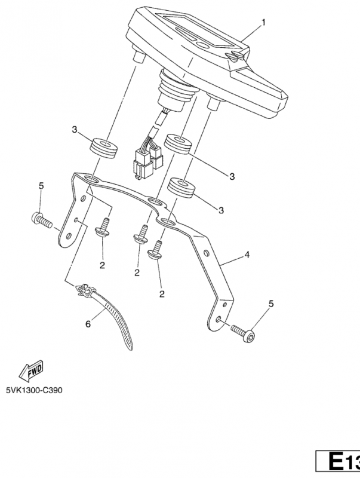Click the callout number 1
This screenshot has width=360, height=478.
pyautogui.click(x=263, y=23)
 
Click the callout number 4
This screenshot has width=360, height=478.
pyautogui.click(x=246, y=255)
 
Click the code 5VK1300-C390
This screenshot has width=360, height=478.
pyautogui.click(x=34, y=390)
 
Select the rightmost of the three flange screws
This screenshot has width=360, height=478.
pyautogui.click(x=158, y=249)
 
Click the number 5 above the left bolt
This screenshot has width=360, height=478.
pyautogui.click(x=41, y=186)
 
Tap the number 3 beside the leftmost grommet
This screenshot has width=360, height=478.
pyautogui.click(x=74, y=130)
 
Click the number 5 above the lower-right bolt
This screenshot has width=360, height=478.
pyautogui.click(x=272, y=304)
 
